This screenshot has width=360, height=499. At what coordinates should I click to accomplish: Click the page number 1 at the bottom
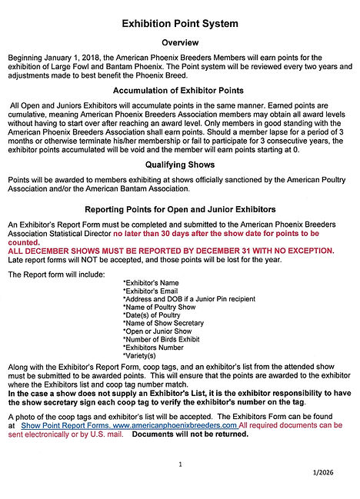click(179, 464)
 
